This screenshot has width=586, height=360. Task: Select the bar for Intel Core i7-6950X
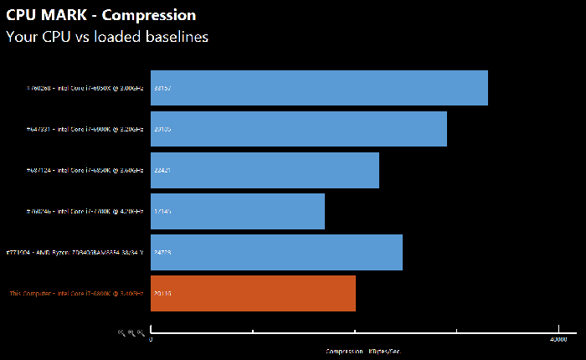click(319, 88)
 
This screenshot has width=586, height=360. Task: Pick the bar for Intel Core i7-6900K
click(299, 129)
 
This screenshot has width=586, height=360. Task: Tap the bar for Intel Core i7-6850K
click(265, 170)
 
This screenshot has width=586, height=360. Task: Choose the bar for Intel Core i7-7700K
click(238, 211)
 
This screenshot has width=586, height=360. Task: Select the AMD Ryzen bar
click(276, 252)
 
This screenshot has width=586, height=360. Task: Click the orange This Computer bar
click(253, 293)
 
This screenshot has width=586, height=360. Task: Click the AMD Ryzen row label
click(75, 252)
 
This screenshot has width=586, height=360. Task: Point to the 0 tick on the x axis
click(151, 339)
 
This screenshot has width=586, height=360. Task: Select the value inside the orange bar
click(163, 293)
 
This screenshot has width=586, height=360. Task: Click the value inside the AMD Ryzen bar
click(163, 252)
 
